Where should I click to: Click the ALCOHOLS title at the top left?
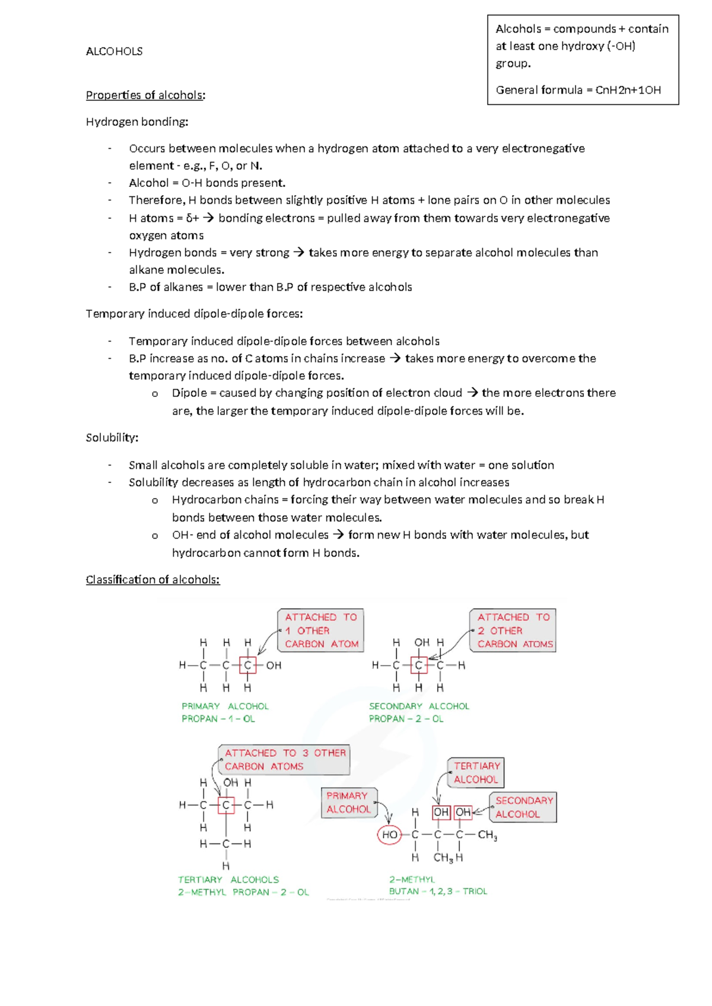114,52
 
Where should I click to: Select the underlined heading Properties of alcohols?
145,95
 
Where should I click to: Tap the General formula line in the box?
578,90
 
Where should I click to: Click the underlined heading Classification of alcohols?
152,580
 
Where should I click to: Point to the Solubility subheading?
112,438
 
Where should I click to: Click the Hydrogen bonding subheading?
136,122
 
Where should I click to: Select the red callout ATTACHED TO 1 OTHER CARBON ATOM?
321,631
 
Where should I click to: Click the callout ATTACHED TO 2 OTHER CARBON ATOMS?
514,631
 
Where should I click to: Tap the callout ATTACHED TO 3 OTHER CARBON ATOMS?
284,760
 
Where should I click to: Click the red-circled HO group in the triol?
389,835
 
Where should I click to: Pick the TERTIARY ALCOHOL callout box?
476,773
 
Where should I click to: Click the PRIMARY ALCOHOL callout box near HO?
348,803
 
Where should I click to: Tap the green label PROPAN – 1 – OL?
218,719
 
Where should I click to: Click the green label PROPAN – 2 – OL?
406,719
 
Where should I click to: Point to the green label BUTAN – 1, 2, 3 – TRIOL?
438,892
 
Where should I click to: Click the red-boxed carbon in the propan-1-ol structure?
247,666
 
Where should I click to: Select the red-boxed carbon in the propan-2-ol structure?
419,666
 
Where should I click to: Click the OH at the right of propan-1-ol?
274,666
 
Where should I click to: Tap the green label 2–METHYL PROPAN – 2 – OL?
243,892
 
